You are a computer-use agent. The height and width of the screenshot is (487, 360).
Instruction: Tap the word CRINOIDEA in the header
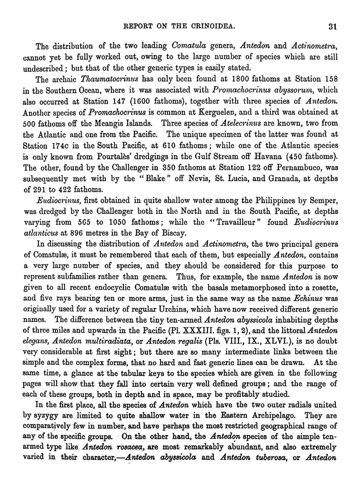pos(215,26)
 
